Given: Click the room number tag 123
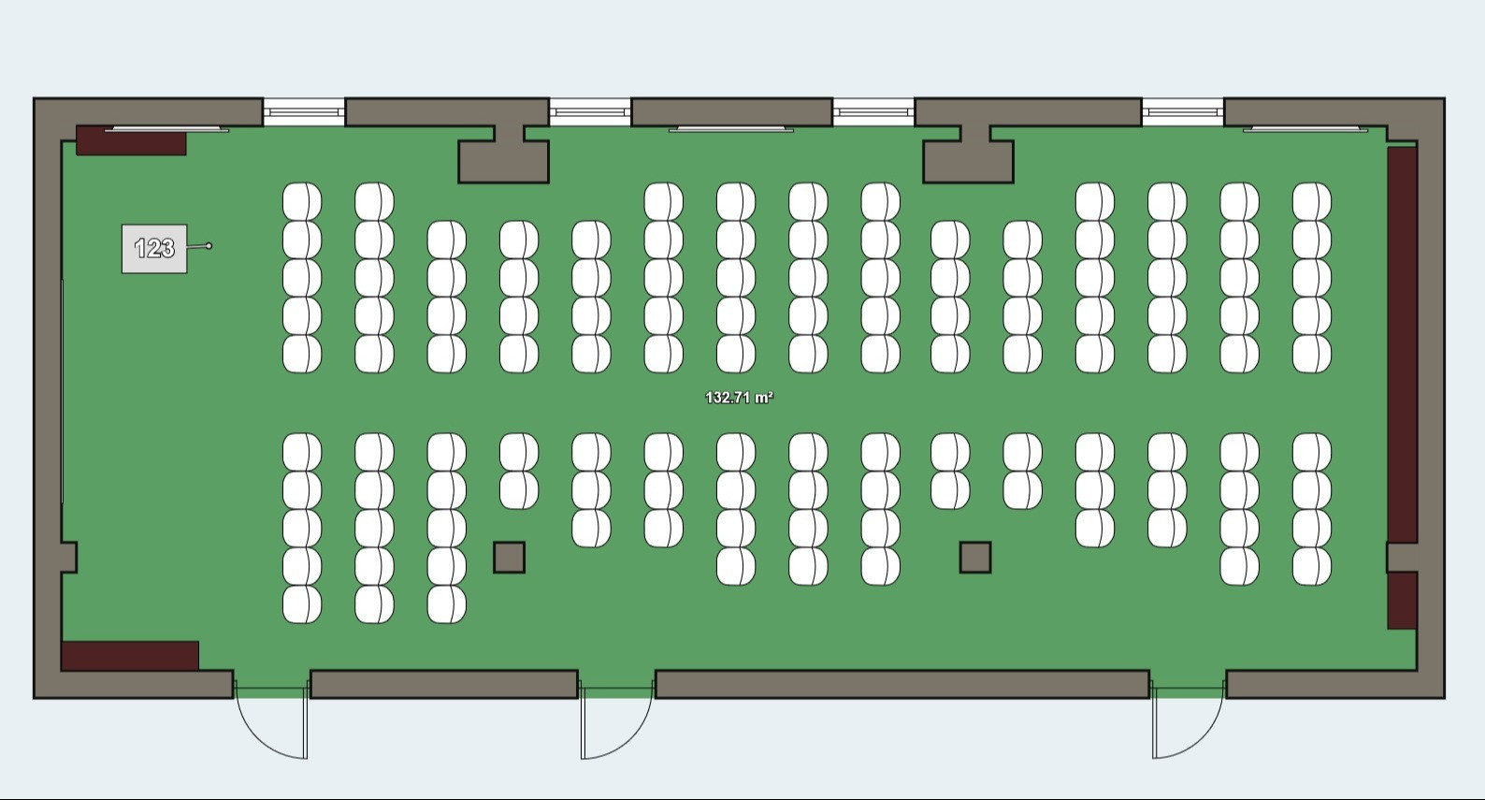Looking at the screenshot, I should pos(154,248).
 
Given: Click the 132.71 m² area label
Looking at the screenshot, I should pos(739,398).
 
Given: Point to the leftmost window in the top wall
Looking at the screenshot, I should pos(304,112).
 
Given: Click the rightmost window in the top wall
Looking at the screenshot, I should pos(1183,112).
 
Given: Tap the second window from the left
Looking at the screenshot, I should pos(590,112).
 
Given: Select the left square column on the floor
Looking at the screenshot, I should pos(510,558).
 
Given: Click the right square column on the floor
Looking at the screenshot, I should pos(975,558).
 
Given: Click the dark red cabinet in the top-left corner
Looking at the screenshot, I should pos(131,141).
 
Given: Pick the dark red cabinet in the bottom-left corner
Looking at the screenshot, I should pos(130,655).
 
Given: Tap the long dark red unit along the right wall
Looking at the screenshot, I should pos(1402,344).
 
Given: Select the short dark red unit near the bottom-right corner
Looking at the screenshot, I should pos(1402,600).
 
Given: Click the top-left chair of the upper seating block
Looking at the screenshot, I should pos(302,201).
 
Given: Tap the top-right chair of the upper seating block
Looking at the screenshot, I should pos(1312,201).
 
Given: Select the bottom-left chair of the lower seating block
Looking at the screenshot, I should pos(302,604).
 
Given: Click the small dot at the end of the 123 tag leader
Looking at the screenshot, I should pos(209,246).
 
